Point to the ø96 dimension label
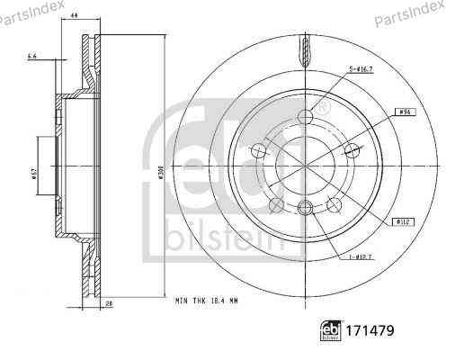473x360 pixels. pos(406,112)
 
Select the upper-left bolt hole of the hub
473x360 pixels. pos(260,149)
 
